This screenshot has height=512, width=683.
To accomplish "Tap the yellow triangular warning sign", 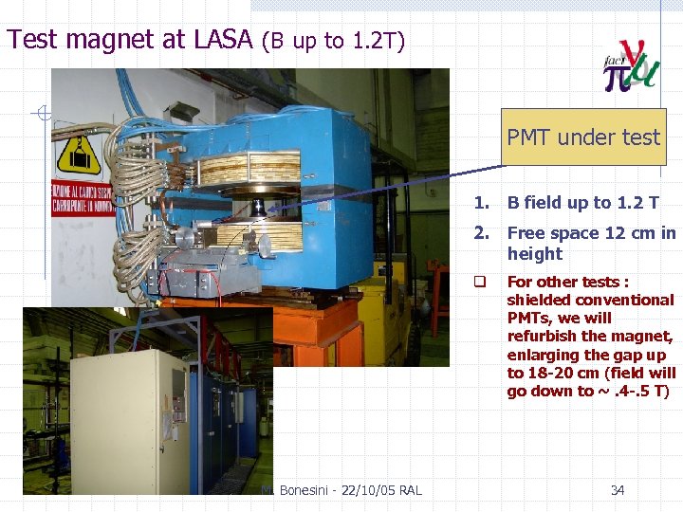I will pyautogui.click(x=79, y=153).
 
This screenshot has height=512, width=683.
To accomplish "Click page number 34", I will pyautogui.click(x=617, y=490).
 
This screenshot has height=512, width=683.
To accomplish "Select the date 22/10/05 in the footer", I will pyautogui.click(x=355, y=490).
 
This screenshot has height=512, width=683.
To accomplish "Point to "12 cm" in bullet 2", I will pyautogui.click(x=631, y=233).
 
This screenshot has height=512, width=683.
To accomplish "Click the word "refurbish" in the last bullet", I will pyautogui.click(x=542, y=336).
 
